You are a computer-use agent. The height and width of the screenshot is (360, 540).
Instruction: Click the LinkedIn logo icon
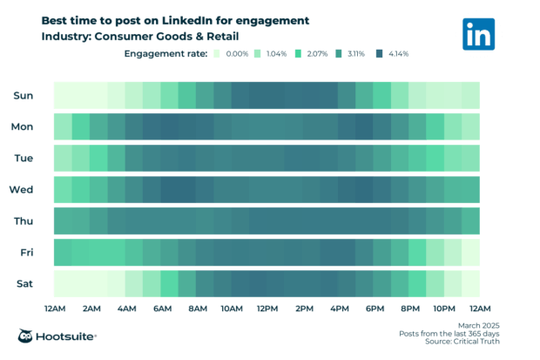(479, 33)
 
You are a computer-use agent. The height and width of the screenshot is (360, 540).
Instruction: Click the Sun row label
(24, 95)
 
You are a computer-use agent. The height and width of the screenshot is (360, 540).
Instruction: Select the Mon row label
(23, 126)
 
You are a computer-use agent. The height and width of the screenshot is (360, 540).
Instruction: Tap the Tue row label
(24, 158)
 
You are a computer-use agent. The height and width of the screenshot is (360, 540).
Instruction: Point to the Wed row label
(22, 189)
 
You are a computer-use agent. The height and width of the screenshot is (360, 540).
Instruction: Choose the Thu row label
(24, 221)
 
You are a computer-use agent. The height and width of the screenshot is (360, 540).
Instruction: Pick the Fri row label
(25, 252)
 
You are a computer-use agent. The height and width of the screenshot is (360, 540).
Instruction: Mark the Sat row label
(24, 283)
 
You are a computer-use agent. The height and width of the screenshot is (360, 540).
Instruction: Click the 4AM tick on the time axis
(125, 309)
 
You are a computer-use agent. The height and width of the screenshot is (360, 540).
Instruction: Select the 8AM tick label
(197, 309)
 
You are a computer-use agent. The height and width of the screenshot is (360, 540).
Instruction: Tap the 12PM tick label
(267, 309)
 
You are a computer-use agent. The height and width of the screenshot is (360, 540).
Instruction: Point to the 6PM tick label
(375, 309)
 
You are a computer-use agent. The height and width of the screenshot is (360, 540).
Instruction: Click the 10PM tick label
(444, 309)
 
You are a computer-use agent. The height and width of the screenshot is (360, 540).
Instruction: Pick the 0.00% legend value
(238, 54)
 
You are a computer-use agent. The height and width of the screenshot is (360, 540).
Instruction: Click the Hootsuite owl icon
(27, 336)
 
